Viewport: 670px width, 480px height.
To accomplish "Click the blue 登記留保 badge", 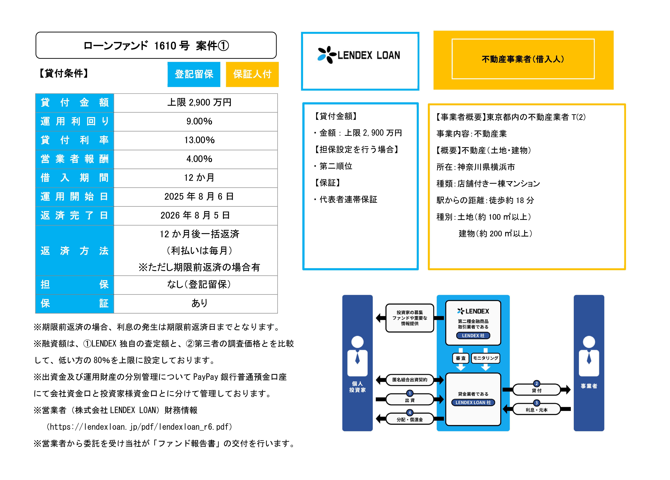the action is pos(194,74).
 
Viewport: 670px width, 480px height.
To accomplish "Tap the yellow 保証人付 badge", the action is pos(252,74).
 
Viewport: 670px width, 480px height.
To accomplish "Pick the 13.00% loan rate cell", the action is pos(199,140).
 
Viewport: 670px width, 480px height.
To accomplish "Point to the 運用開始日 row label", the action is pos(74,197).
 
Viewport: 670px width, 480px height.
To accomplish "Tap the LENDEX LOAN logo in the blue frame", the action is pos(359,55).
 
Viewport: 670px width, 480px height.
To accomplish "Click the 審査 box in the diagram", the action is pos(461,358).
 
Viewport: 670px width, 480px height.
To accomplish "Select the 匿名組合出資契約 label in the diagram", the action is pos(410,380).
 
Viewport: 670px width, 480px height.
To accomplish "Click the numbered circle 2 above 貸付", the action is pos(537,384).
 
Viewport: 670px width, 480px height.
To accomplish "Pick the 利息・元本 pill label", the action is pos(537,410).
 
